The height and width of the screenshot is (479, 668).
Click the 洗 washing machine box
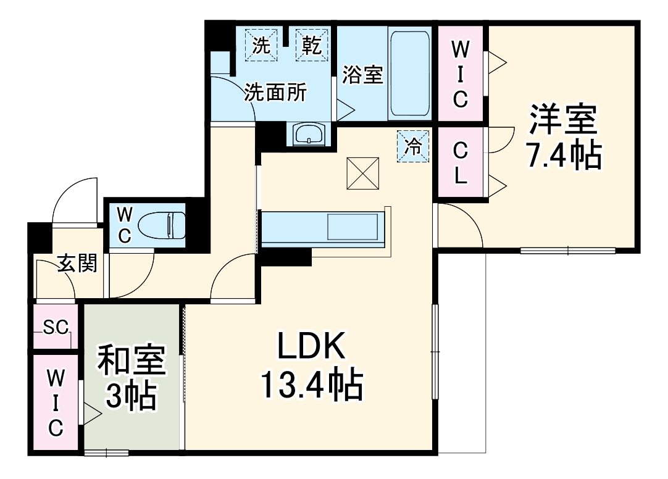(x=262, y=45)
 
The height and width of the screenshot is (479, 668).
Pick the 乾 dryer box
(x=312, y=45)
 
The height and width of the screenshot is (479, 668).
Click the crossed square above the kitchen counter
(x=363, y=173)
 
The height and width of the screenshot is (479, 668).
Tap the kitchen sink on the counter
(x=351, y=227)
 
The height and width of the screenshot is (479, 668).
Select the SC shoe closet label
(x=55, y=327)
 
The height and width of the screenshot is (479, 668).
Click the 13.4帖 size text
(x=311, y=386)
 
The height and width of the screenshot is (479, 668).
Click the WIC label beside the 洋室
(x=460, y=74)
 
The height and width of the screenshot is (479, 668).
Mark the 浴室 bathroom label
(x=363, y=75)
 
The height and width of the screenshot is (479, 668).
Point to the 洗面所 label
(x=275, y=93)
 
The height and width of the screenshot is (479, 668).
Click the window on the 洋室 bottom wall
(x=567, y=250)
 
